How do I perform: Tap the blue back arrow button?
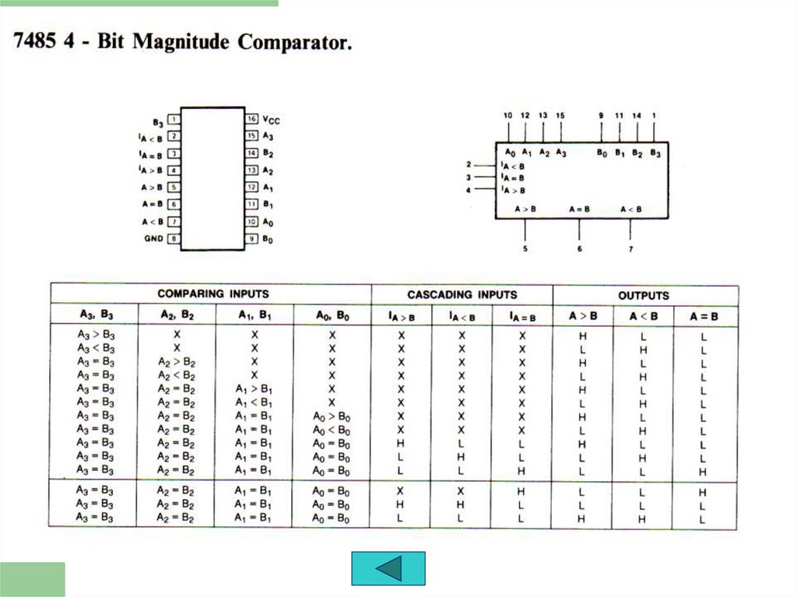(388, 568)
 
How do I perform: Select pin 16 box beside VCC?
(252, 119)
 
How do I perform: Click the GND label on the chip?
(153, 238)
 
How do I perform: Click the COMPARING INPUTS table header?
(213, 294)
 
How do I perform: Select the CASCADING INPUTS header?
(462, 295)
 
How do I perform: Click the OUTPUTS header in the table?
(644, 296)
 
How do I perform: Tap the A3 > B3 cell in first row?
(96, 334)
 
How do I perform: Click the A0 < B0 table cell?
(332, 430)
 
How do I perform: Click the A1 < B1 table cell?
(254, 402)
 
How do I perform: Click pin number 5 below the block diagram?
(525, 249)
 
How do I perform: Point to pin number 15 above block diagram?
(560, 115)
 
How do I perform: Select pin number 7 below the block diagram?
(630, 249)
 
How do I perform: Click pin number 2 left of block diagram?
(469, 164)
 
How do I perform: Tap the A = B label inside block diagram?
(579, 209)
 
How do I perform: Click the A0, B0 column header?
(332, 315)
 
